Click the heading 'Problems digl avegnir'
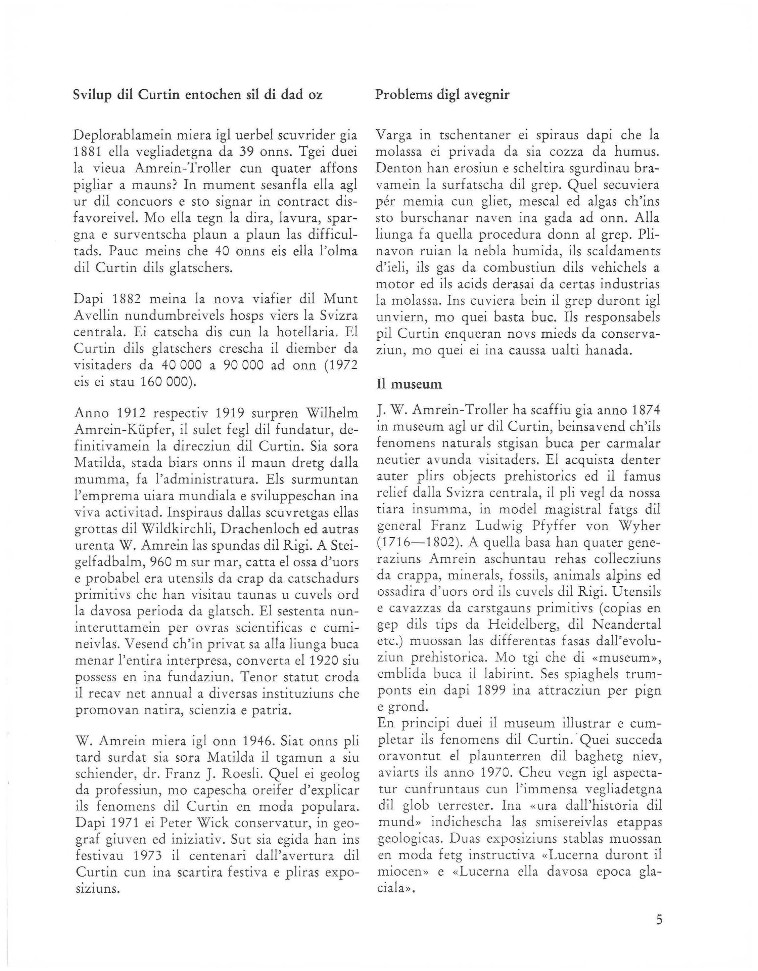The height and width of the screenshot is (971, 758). point(442,95)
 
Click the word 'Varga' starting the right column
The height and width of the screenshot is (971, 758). point(394,135)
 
